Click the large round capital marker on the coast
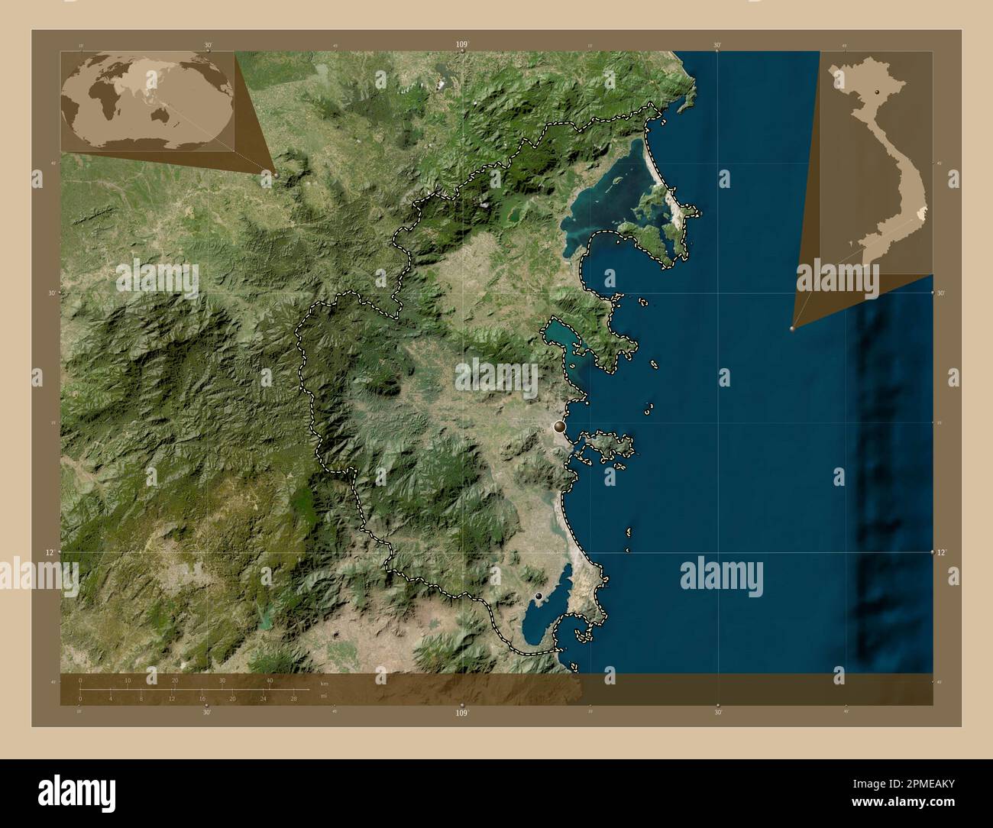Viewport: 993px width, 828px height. (x=561, y=426)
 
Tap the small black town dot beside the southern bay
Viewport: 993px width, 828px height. (x=539, y=595)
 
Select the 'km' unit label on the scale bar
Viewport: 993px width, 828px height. (x=324, y=683)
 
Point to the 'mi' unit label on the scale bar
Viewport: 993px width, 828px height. (x=324, y=696)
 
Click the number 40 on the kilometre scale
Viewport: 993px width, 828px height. (x=270, y=680)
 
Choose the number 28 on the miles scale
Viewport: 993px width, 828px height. (x=293, y=699)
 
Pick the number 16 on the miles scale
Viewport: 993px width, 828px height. (x=202, y=699)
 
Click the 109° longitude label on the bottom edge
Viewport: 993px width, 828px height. (x=461, y=713)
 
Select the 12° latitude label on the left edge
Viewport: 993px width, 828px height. (x=50, y=551)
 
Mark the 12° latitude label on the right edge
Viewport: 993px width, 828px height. (x=942, y=551)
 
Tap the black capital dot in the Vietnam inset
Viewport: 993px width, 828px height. (x=878, y=92)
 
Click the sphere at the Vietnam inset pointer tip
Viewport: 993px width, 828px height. (x=792, y=328)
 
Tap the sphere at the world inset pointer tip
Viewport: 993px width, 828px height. (x=276, y=174)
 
